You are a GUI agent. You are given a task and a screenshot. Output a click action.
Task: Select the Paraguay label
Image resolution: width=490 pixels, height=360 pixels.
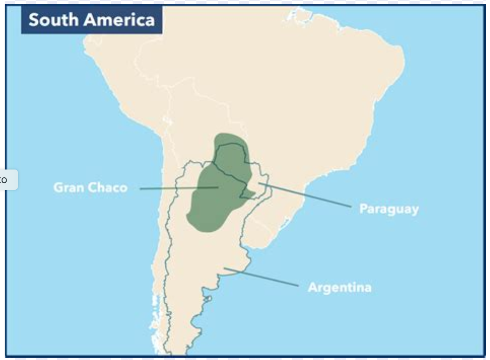coord(389,209)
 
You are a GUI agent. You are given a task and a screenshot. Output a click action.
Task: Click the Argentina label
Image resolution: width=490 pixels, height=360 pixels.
coord(339,288)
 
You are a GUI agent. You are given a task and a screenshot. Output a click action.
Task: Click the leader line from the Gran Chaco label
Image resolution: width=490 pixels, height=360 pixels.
coord(171,188)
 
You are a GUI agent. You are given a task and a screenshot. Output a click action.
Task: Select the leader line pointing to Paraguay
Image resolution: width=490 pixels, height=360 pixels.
coord(307,195)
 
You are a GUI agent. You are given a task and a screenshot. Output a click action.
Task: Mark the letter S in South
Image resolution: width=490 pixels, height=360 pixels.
coord(34,20)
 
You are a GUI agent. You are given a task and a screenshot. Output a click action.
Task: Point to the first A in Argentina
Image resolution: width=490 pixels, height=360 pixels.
coord(313,288)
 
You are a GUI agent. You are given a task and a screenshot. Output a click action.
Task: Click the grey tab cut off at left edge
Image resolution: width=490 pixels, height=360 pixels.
coord(8,180)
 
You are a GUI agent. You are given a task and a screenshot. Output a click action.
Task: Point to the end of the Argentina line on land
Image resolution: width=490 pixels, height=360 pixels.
coord(225,268)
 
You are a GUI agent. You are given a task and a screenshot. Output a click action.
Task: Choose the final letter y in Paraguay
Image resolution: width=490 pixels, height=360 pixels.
coord(415,210)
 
